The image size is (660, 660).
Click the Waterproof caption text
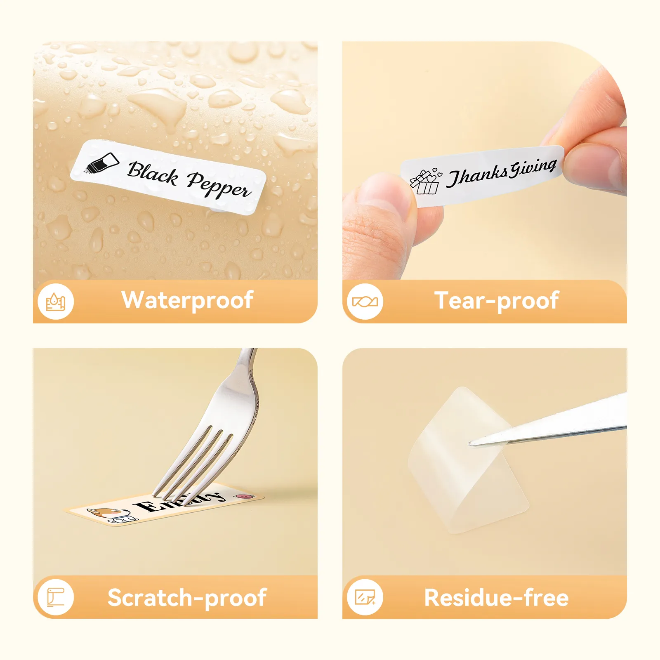187,300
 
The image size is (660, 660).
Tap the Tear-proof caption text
497,300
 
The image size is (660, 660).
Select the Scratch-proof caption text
187,598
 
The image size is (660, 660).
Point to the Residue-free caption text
496,598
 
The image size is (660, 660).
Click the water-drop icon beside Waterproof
56,302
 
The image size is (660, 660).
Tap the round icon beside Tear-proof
365,302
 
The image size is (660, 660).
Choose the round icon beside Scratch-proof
56,597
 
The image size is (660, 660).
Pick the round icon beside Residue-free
365,597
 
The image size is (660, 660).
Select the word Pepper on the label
219,185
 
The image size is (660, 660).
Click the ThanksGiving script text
502,172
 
